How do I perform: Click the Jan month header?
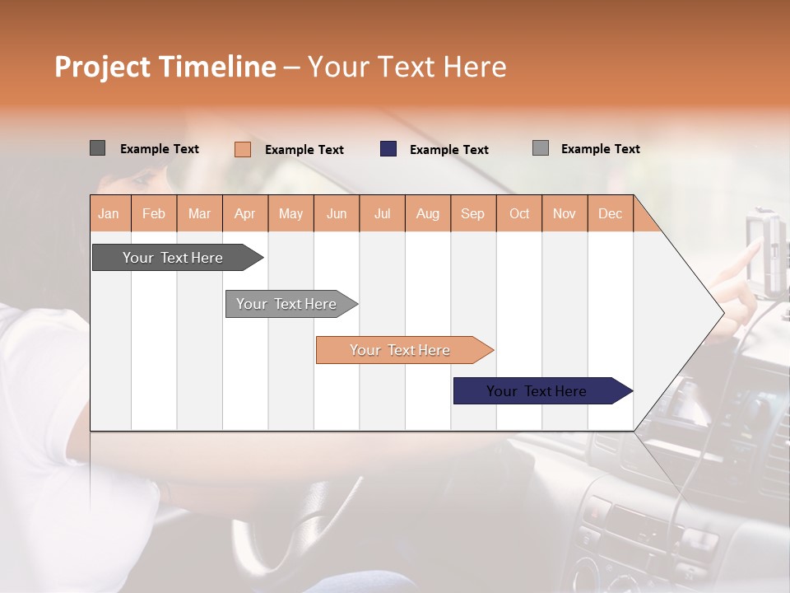coord(109,213)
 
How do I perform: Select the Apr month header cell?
coord(245,213)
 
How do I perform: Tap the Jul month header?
coord(382,213)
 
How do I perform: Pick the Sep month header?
coord(472,213)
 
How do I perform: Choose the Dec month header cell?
coord(610,213)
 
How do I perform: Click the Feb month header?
coord(154,213)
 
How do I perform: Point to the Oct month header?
coord(519,213)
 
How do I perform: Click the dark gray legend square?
coord(97,148)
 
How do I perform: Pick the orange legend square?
coord(243,149)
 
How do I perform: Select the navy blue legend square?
coord(388,149)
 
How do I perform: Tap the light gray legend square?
coord(541,148)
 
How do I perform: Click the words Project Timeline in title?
coord(165,67)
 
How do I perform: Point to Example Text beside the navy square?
coord(448,150)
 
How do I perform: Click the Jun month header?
coord(337,213)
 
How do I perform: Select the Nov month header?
coord(565,213)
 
